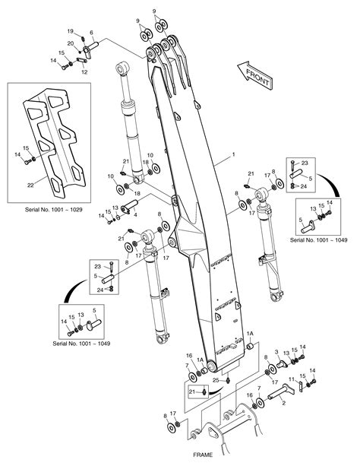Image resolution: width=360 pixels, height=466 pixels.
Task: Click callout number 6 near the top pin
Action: pos(91,33)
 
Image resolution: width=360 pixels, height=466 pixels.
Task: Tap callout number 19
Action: pos(71,30)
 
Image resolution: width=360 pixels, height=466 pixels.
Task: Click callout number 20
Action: pos(71,43)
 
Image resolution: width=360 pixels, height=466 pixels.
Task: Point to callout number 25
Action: pos(215,379)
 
